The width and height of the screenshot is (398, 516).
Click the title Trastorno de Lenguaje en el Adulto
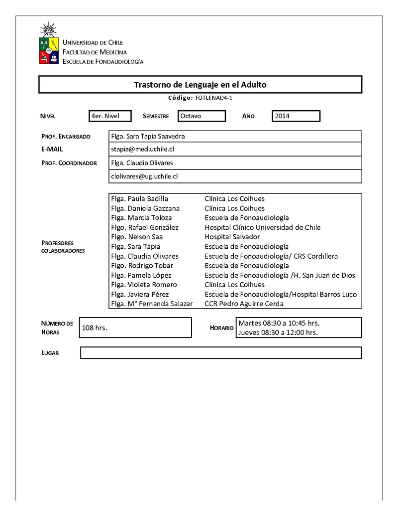[x=200, y=85]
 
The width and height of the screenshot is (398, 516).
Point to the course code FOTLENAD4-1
[x=210, y=98]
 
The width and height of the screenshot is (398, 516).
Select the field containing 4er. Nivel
[x=110, y=116]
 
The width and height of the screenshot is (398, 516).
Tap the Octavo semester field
[x=200, y=116]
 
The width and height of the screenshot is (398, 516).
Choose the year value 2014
[x=296, y=116]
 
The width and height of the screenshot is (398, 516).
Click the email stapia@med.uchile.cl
[x=143, y=149]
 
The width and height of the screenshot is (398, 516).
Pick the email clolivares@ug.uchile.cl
[x=145, y=176]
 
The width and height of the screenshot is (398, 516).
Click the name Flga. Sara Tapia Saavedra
[x=149, y=136]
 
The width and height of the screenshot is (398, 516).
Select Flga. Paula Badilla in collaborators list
[x=140, y=198]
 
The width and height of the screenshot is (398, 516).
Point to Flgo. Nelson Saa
[x=137, y=237]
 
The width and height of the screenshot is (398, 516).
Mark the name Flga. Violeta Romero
[x=144, y=285]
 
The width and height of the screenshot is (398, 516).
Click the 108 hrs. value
[x=95, y=328]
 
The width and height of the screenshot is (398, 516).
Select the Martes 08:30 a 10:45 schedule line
[x=279, y=323]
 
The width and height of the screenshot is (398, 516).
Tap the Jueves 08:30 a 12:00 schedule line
[x=278, y=333]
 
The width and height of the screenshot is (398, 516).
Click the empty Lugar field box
[x=221, y=353]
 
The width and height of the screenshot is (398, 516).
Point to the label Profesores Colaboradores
[x=63, y=247]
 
